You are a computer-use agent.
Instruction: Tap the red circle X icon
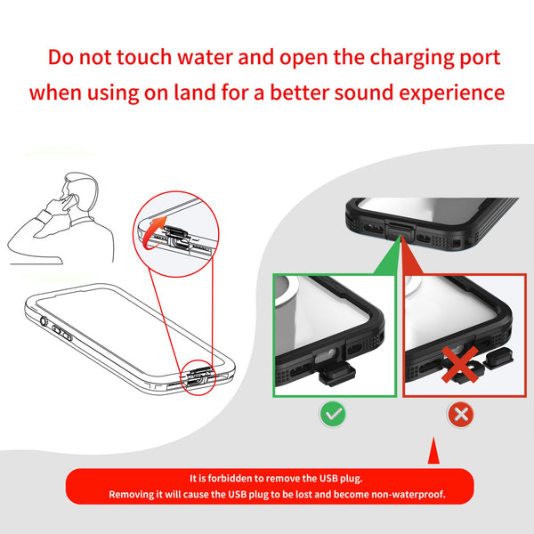point(458,414)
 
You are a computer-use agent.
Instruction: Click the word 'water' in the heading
point(216,58)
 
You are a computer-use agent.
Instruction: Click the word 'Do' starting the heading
point(63,58)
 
